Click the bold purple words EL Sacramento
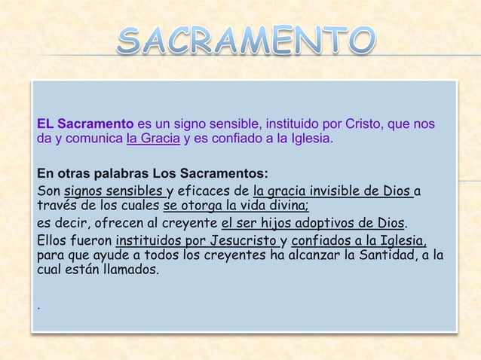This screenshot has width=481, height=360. click(85, 124)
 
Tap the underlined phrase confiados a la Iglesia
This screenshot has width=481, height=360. click(359, 242)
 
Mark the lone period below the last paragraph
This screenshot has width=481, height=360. click(39, 307)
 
